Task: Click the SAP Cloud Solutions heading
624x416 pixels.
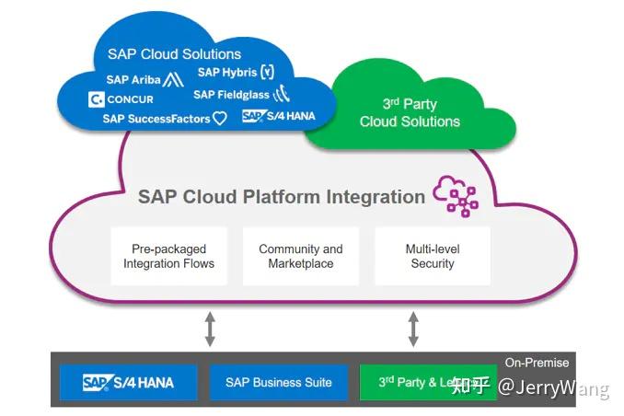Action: pos(174,54)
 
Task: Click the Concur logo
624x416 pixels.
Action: pos(121,99)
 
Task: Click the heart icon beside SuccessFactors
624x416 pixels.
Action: pos(220,119)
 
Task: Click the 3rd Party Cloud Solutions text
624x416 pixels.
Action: pos(410,112)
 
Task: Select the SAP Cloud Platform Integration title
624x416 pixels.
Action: pos(281,196)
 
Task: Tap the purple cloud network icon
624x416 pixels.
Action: pos(456,195)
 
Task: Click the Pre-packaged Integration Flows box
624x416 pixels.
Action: pos(168,256)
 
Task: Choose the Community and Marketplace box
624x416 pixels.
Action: pos(300,256)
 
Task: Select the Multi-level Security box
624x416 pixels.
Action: pos(433,256)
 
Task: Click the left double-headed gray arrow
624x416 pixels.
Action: pos(210,329)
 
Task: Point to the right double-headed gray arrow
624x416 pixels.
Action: pos(413,329)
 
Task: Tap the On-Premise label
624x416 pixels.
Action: pos(537,363)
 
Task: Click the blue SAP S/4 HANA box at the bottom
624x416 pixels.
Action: pos(128,382)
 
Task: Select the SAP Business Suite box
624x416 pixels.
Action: pos(279,382)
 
